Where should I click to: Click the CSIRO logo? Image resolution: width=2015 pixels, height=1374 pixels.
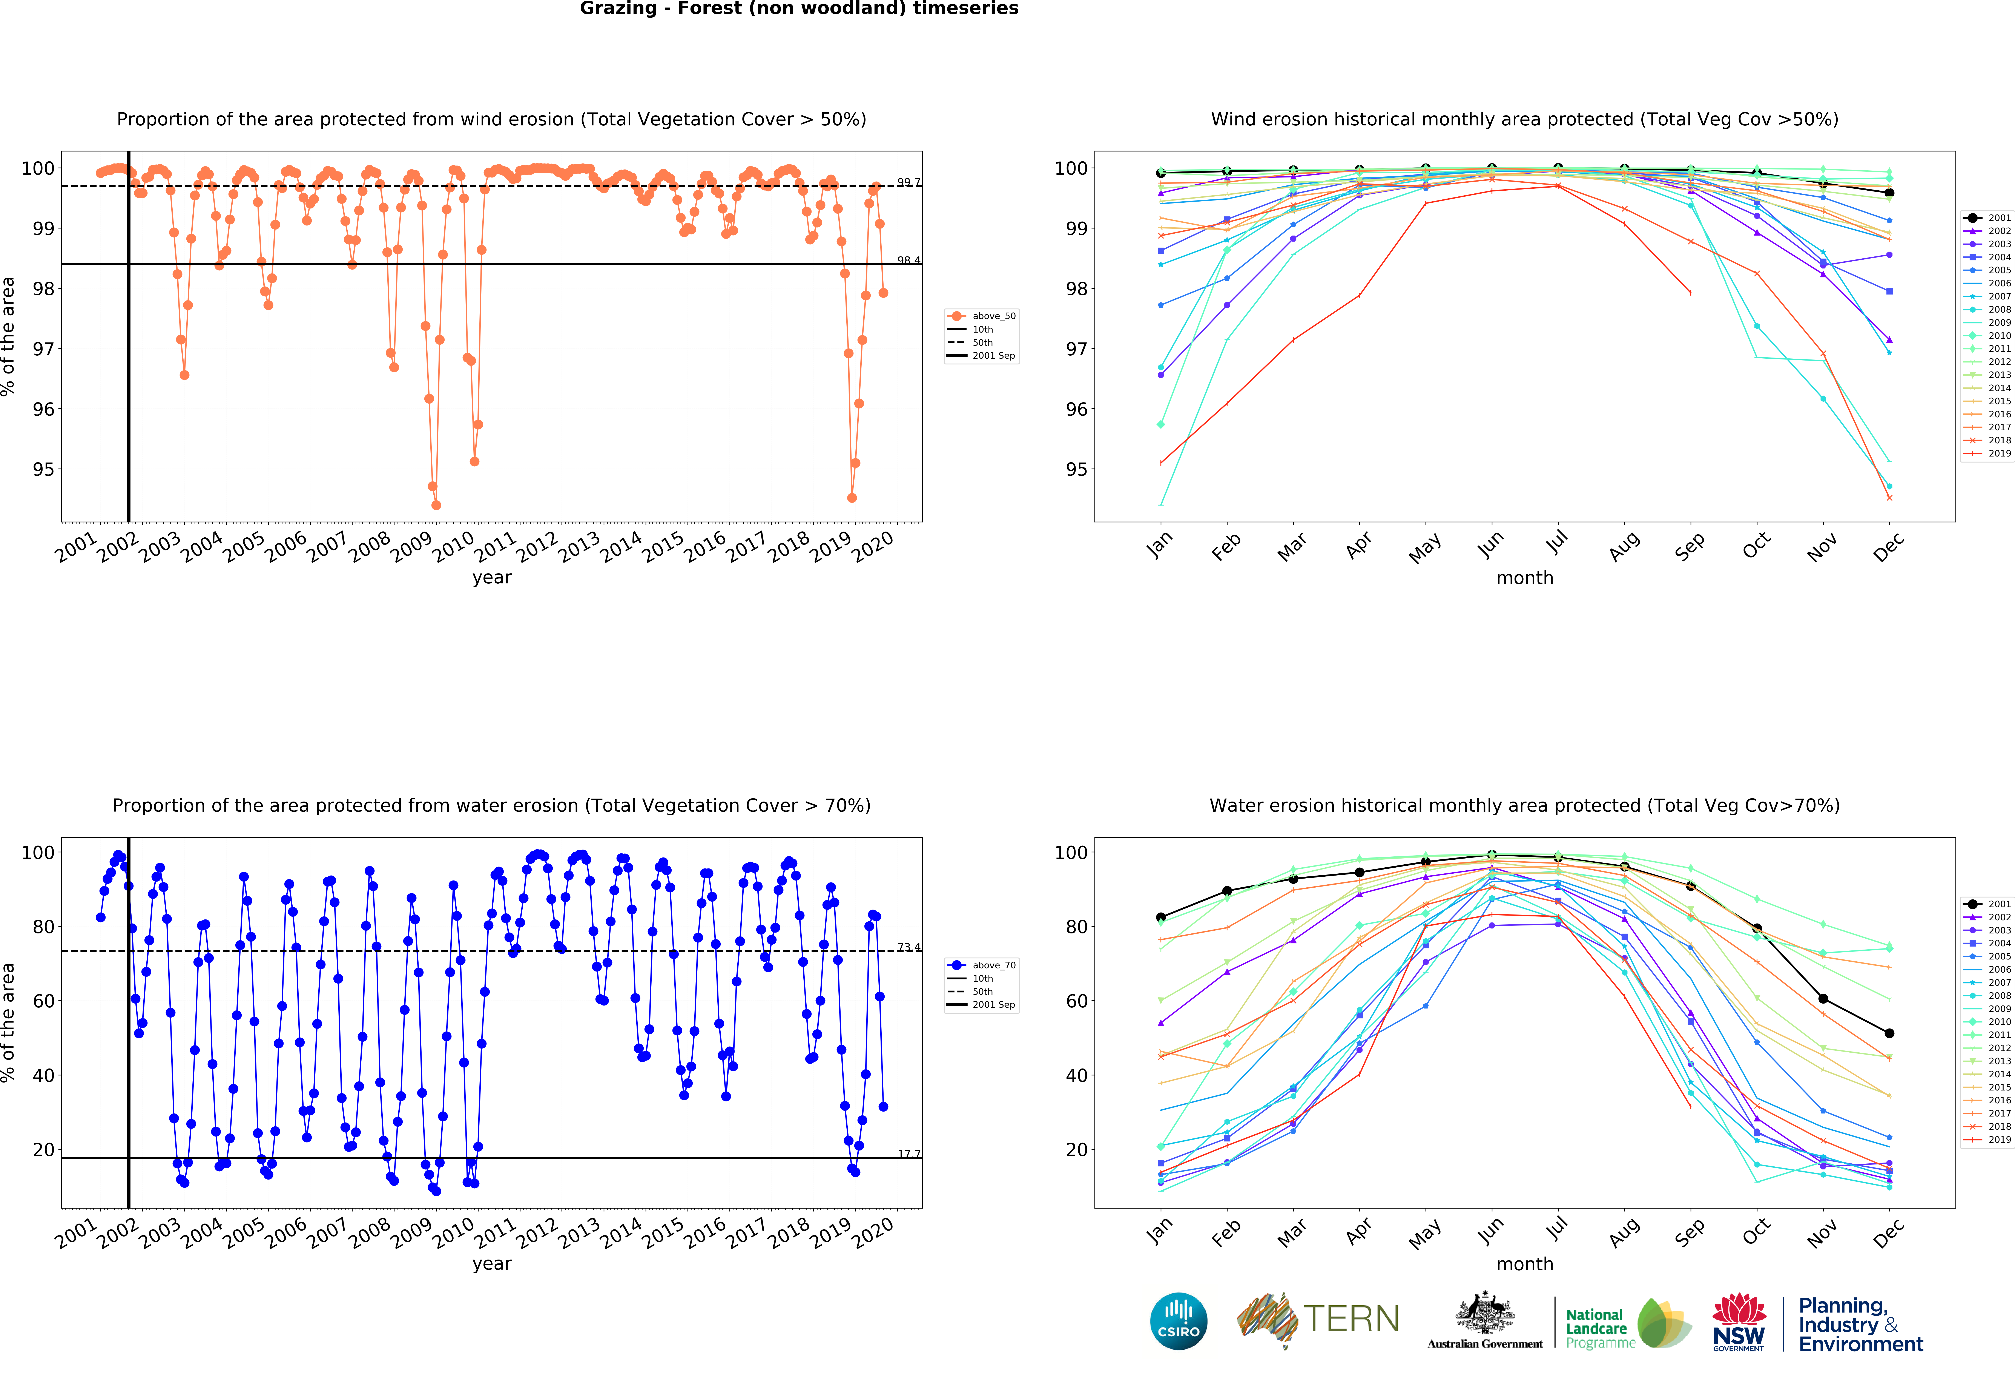click(x=1178, y=1321)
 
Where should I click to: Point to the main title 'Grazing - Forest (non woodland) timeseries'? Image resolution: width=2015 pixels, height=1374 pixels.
click(x=799, y=9)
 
